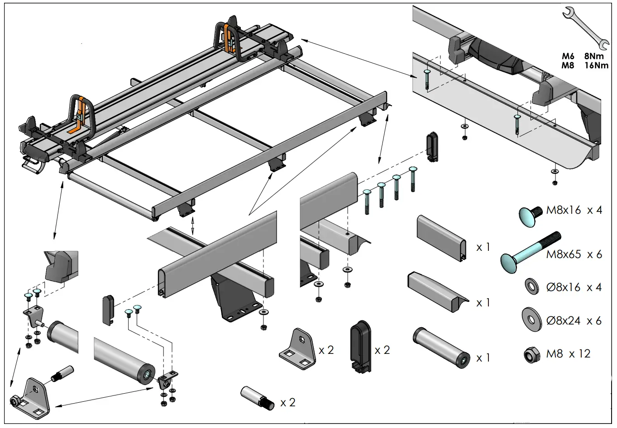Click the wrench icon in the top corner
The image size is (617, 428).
[584, 28]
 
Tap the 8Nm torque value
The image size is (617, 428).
[594, 56]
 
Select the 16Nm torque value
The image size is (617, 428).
[596, 65]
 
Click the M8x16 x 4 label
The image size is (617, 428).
[574, 210]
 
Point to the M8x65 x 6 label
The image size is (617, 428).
[574, 254]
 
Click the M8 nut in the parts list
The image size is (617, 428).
[531, 355]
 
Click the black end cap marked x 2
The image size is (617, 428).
[360, 346]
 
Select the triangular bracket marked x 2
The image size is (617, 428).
[297, 347]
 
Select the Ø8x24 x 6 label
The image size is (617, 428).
[574, 320]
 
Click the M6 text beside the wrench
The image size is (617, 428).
[568, 56]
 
